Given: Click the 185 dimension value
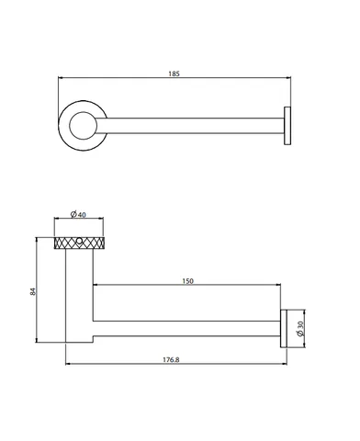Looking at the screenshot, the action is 174,73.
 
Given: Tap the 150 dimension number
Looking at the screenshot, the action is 187,281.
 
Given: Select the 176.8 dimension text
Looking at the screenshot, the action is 171,359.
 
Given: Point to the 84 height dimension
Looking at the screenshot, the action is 33,291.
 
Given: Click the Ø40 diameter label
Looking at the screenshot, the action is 78,214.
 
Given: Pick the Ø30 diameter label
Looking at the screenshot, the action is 300,329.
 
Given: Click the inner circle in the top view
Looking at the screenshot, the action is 83,126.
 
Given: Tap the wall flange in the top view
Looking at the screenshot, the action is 287,126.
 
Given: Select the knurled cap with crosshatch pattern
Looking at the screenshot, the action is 79,243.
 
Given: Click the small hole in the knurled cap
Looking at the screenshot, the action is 79,242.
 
